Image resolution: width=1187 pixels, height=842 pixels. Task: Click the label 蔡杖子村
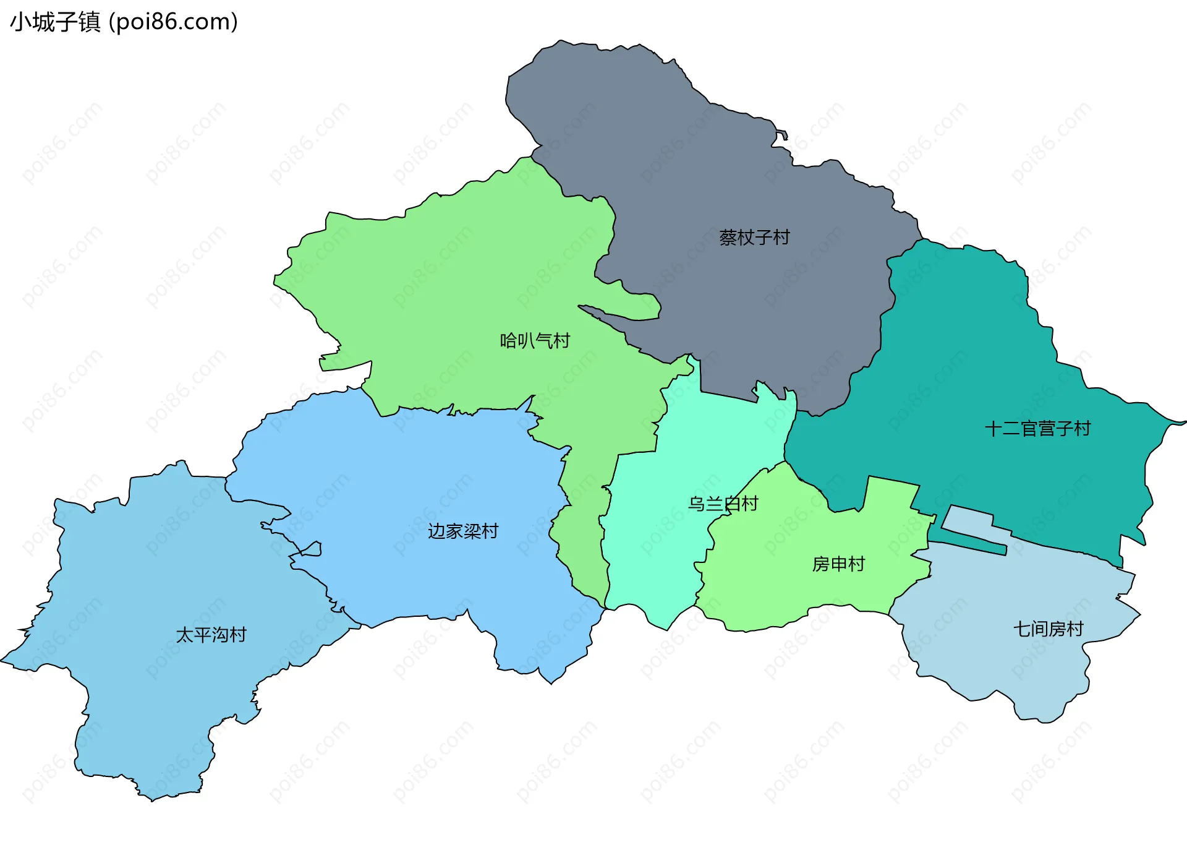coord(754,238)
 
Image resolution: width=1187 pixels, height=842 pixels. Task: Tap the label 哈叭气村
coord(535,341)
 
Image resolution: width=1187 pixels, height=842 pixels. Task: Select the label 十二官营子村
coord(1037,429)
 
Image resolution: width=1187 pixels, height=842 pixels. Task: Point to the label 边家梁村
coord(463,531)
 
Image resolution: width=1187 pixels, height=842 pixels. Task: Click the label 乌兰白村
coord(723,504)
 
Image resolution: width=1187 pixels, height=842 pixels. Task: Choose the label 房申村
coord(838,564)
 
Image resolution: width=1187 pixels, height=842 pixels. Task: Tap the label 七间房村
coord(1048,629)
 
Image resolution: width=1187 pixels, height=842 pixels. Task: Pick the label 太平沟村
coord(211,635)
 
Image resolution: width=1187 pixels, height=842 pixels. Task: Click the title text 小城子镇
coord(55,22)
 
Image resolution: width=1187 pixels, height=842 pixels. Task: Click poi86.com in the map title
coord(173,22)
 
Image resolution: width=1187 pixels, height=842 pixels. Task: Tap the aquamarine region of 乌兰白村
coord(655,557)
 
